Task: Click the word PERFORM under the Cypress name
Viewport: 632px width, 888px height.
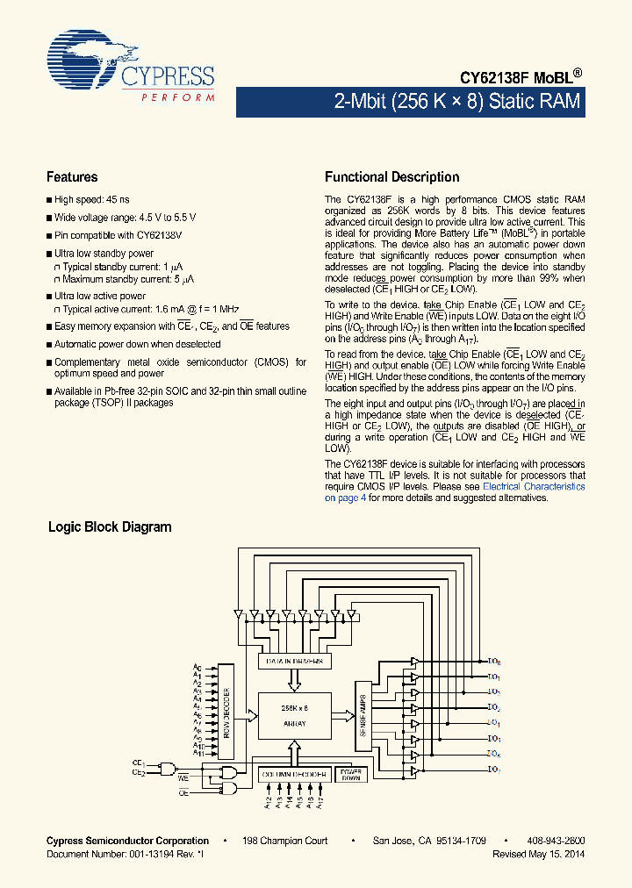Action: click(x=178, y=97)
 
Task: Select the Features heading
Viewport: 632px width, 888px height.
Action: click(x=72, y=177)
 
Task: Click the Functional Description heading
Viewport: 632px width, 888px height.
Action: click(x=391, y=177)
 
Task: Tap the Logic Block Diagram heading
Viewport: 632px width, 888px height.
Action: click(x=109, y=527)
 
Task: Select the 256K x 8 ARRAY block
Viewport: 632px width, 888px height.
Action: click(x=294, y=716)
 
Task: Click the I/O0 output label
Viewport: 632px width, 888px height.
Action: click(x=494, y=661)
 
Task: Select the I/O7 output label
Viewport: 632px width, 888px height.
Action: click(x=494, y=770)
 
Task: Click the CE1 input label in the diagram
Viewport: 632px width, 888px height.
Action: click(x=139, y=764)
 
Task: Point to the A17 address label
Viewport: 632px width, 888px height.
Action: click(x=321, y=802)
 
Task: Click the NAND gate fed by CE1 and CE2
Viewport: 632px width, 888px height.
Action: click(x=167, y=769)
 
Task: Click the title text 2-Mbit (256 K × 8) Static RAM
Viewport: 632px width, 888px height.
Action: click(x=456, y=102)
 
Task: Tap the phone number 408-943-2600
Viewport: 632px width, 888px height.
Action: click(x=556, y=841)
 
